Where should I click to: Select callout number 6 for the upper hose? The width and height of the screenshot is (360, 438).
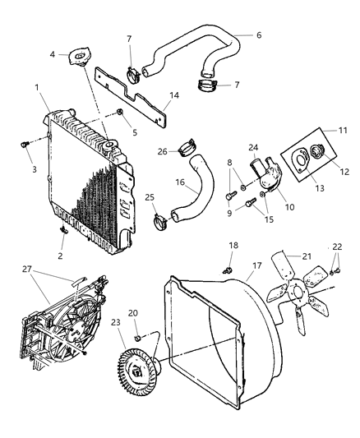pos(258,35)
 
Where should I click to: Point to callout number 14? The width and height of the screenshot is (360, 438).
pos(173,95)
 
